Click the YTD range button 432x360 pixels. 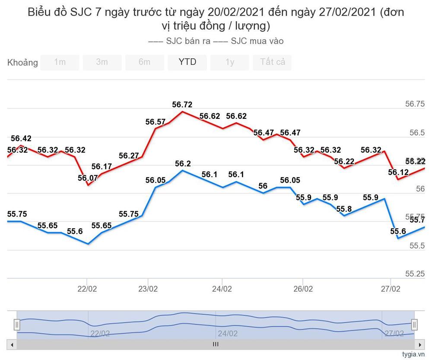(x=187, y=62)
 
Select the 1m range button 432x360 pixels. (x=60, y=62)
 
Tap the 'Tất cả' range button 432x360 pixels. (x=272, y=62)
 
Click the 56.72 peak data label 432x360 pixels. (x=182, y=104)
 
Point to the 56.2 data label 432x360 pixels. (x=183, y=164)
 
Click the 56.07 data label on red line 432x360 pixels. (x=88, y=178)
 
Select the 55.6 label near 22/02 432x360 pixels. (x=75, y=231)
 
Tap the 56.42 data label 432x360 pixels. (x=21, y=138)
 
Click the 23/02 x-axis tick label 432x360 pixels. (x=148, y=289)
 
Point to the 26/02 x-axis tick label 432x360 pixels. (x=303, y=289)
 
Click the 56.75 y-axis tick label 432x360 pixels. (x=414, y=104)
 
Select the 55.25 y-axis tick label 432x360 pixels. (x=414, y=274)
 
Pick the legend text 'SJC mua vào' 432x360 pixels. (x=257, y=41)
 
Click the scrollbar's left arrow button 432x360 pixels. (x=12, y=344)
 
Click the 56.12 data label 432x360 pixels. (x=398, y=172)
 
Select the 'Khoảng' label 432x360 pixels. (x=22, y=63)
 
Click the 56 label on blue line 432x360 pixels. (x=263, y=186)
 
